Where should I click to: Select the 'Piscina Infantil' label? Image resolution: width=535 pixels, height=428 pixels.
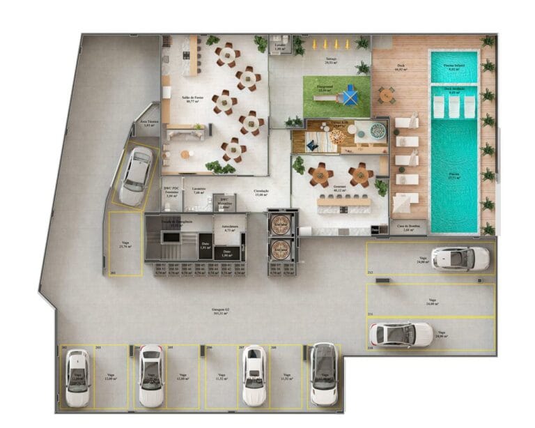pos(453,68)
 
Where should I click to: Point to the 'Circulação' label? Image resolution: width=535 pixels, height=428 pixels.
pos(261,192)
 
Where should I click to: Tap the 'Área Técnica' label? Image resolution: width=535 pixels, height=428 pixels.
pos(148,123)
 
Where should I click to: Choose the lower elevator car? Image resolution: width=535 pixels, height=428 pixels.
pos(280,247)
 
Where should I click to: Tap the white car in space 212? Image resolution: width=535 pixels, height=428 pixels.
pos(460,258)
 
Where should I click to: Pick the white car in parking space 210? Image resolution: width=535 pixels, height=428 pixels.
pos(401,335)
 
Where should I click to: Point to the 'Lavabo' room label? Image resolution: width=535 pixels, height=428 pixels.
pos(279,47)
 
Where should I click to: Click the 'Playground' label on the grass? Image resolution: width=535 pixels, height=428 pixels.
pos(324,89)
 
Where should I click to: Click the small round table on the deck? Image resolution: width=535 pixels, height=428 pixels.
pos(386,94)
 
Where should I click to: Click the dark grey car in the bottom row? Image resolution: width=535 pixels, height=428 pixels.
pos(323,374)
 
